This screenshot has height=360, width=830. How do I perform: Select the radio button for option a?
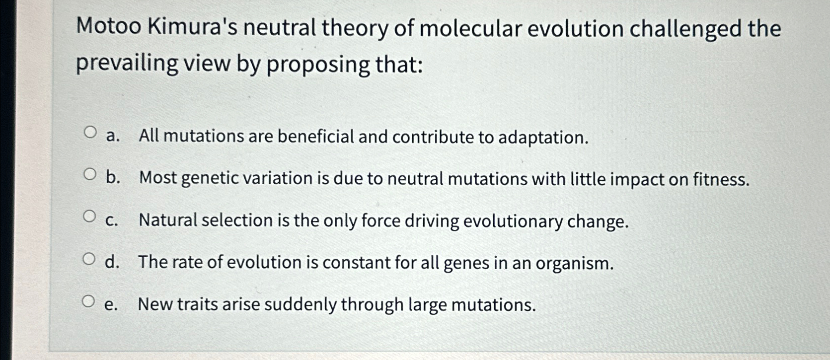(90, 133)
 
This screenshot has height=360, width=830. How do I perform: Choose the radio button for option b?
(90, 175)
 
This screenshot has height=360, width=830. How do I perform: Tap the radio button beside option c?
(89, 216)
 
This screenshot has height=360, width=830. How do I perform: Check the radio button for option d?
(89, 259)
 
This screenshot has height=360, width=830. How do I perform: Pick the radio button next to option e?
(88, 301)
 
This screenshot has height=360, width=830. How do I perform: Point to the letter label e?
(111, 304)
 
